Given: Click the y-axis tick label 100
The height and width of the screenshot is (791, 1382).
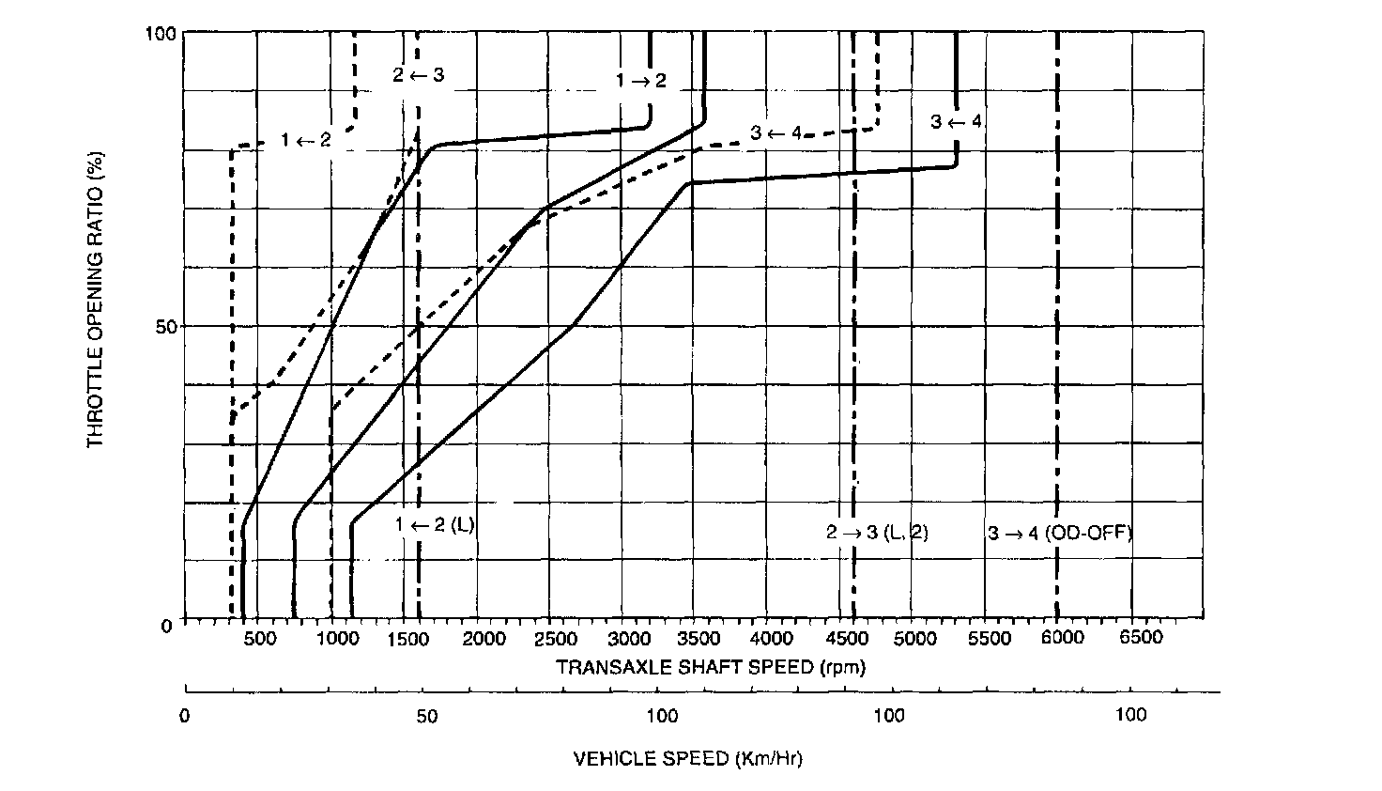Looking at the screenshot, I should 161,34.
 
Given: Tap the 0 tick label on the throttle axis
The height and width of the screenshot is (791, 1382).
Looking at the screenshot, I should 168,626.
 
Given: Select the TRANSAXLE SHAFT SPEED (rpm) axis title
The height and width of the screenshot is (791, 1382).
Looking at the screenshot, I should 711,668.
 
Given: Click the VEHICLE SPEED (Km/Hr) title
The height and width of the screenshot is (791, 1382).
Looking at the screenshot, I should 687,758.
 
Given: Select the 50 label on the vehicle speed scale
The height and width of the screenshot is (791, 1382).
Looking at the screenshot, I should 426,716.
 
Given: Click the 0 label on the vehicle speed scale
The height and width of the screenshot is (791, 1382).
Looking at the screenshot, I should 185,716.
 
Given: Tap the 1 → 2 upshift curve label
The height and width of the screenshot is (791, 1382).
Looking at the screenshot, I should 640,81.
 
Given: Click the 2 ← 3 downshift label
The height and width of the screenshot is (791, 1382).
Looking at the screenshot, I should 418,74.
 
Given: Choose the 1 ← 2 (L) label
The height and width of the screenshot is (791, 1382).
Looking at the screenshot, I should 435,525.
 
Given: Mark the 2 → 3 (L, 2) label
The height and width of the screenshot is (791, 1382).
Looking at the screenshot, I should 877,533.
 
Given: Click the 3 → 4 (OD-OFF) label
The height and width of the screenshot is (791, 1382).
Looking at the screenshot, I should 1059,533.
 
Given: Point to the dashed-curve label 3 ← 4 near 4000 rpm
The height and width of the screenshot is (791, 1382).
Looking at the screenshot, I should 775,132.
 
